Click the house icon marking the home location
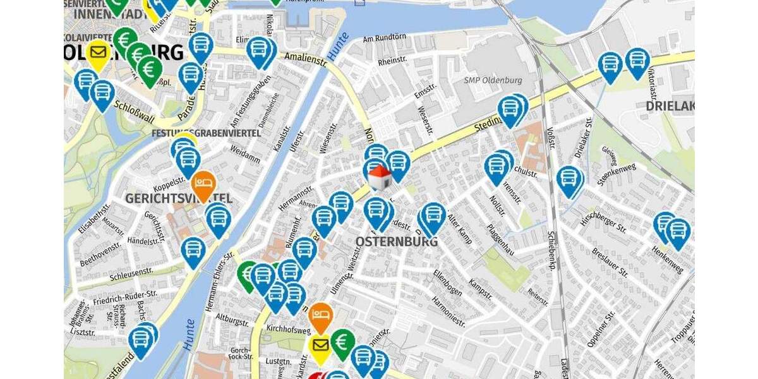coord(379,178)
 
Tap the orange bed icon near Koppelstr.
coord(203,183)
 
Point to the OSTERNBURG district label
coord(397,242)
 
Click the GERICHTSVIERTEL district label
coord(179,198)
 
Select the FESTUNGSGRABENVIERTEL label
coord(206,133)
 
